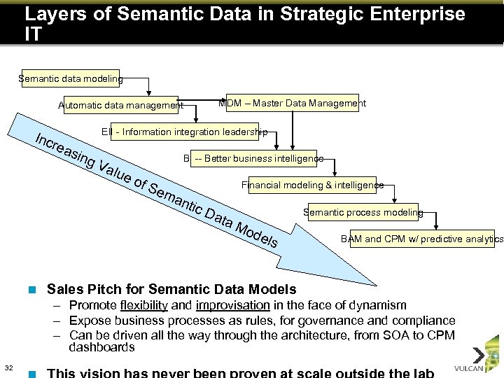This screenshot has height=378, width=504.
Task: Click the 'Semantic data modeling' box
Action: [70, 79]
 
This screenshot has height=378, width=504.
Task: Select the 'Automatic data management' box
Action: [120, 105]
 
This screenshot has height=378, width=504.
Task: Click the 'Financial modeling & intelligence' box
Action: [312, 185]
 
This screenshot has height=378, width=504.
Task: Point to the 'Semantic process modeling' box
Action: [363, 212]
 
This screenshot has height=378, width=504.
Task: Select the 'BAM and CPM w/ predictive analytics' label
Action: [421, 239]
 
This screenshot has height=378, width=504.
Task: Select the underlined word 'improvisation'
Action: [233, 305]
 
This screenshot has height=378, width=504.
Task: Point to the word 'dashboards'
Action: [101, 347]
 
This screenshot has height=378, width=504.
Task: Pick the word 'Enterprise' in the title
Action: [425, 14]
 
